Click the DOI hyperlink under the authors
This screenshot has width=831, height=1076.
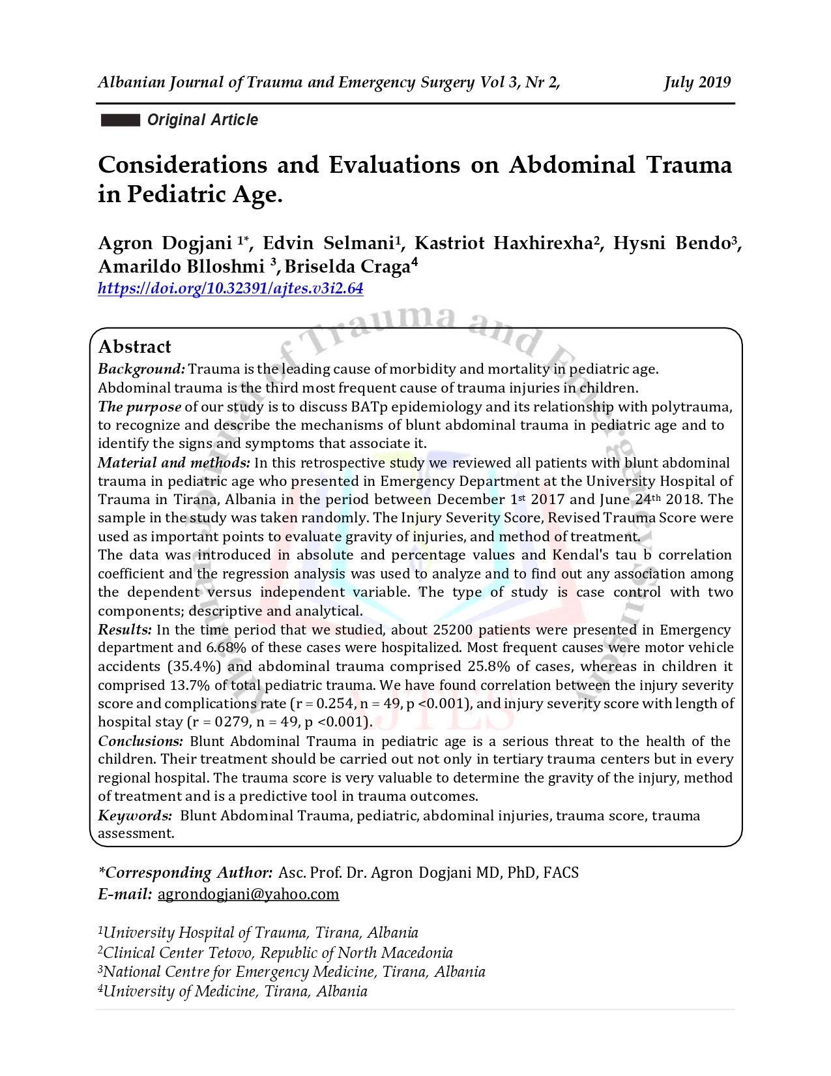pos(230,288)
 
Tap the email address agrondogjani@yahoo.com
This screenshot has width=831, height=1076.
pos(248,893)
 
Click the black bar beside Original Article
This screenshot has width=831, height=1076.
pos(121,120)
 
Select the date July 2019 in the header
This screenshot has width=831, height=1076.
pos(697,82)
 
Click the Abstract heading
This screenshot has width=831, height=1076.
pos(134,346)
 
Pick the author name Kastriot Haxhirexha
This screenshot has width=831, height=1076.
pos(503,243)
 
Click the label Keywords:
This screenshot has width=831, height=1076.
pos(135,815)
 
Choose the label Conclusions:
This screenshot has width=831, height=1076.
pos(141,741)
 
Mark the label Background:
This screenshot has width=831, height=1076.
pos(141,369)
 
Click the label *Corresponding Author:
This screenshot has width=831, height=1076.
pos(185,873)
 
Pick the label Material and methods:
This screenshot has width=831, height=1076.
pos(173,462)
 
